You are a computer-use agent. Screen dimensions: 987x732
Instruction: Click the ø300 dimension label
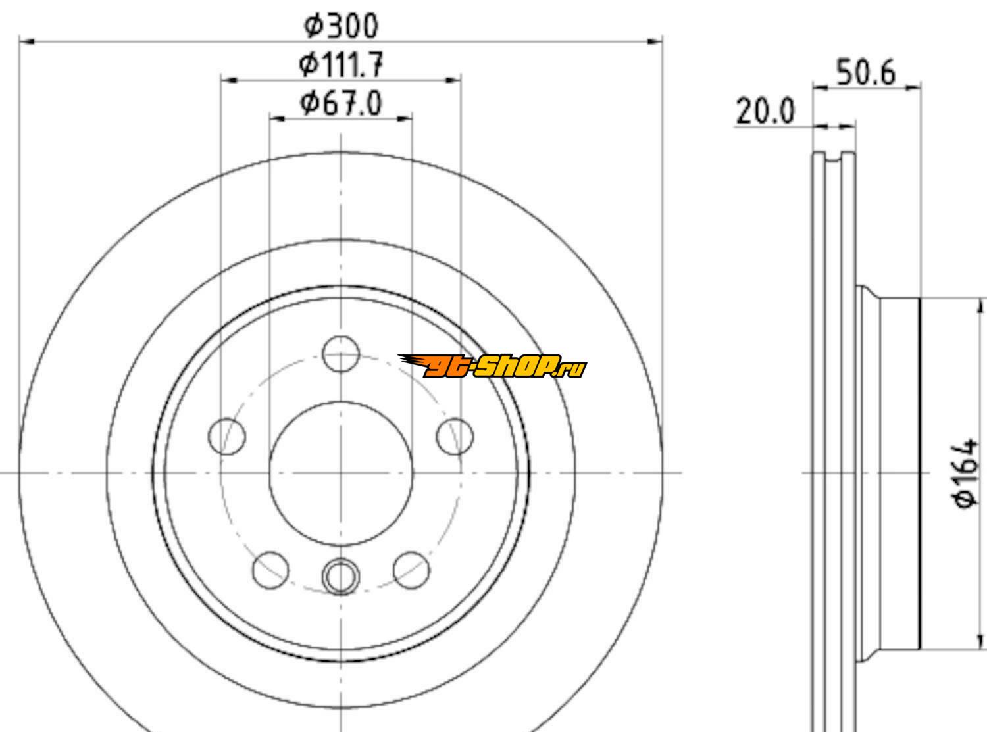341,26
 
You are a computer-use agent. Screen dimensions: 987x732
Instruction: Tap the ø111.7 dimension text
340,64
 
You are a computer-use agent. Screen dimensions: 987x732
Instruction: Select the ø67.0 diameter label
341,104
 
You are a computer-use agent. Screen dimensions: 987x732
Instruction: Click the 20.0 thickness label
765,111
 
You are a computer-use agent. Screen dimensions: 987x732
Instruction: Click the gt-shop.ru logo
492,366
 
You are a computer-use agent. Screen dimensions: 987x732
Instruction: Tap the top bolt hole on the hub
341,354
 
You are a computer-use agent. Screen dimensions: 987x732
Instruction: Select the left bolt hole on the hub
227,437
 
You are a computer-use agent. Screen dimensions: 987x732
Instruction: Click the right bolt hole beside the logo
455,437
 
